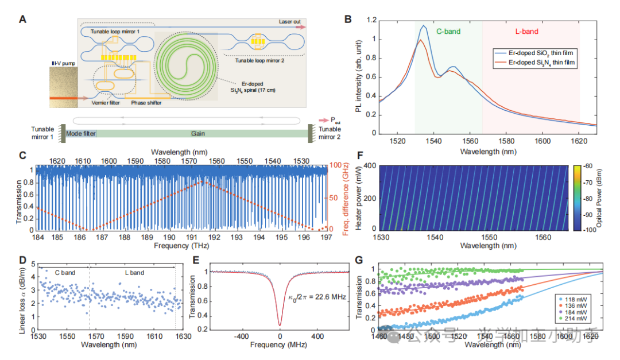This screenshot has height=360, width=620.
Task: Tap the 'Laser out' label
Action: click(290, 22)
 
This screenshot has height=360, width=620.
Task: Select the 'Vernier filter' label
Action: click(109, 103)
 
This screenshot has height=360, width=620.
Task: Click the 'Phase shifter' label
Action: click(147, 103)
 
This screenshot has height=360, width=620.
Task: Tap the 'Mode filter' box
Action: click(81, 133)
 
